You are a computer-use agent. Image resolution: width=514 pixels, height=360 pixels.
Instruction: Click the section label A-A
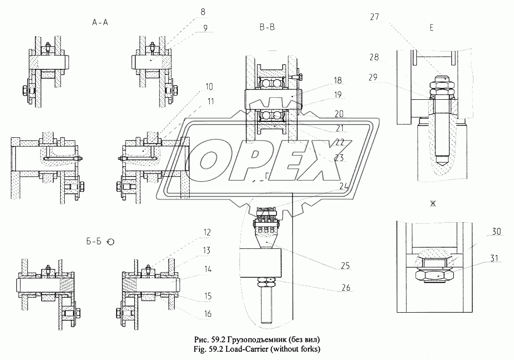click(x=100, y=22)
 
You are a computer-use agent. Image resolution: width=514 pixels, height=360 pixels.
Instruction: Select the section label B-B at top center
click(x=267, y=28)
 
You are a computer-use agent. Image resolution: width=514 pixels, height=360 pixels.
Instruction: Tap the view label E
click(x=431, y=28)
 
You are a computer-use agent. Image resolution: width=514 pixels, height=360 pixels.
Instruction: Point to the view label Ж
click(x=433, y=204)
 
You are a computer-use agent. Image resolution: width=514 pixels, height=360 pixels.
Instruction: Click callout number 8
click(x=203, y=12)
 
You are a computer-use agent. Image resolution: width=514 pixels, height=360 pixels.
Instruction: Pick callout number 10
click(x=209, y=87)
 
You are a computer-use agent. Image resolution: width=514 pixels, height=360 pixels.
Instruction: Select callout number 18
click(x=337, y=81)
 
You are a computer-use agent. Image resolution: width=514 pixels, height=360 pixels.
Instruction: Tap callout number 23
click(x=339, y=158)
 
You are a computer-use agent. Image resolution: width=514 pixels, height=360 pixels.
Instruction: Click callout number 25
click(x=345, y=265)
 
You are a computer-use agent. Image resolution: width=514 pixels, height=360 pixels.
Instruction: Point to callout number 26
click(x=345, y=287)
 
